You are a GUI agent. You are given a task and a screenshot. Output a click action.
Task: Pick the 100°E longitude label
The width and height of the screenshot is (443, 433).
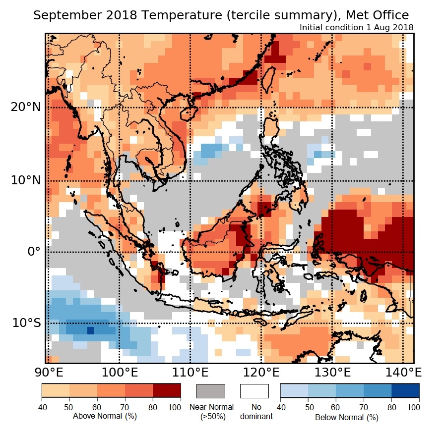[119, 372]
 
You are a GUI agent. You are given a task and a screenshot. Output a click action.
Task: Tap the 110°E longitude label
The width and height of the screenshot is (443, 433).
[190, 372]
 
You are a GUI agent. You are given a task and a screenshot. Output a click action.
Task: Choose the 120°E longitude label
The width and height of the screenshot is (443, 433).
[261, 372]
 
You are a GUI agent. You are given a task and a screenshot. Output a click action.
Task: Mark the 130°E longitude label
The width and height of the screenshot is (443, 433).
[332, 372]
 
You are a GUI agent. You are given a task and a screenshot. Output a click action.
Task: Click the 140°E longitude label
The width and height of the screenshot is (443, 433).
[402, 372]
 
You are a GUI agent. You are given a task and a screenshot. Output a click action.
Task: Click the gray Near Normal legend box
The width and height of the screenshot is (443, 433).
[211, 391]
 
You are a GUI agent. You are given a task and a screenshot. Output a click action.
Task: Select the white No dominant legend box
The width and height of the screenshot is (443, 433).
[254, 391]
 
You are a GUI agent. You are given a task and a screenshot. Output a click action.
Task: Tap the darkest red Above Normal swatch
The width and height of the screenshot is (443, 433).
[167, 391]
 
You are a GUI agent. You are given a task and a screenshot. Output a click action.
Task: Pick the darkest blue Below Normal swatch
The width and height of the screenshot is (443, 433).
[405, 391]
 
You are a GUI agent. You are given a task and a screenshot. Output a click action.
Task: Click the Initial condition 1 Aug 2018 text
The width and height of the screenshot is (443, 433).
[357, 27]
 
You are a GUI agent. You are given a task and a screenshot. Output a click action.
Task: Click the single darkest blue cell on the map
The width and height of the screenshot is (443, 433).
[91, 330]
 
